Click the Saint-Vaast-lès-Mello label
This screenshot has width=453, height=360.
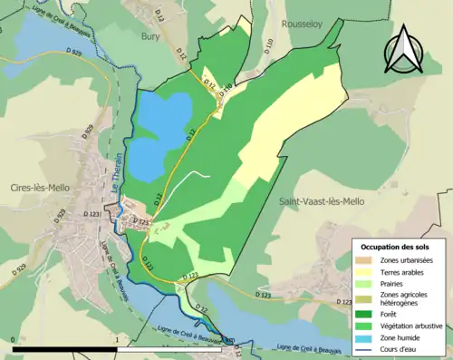point(321,201)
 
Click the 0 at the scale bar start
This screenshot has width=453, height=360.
point(13,340)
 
